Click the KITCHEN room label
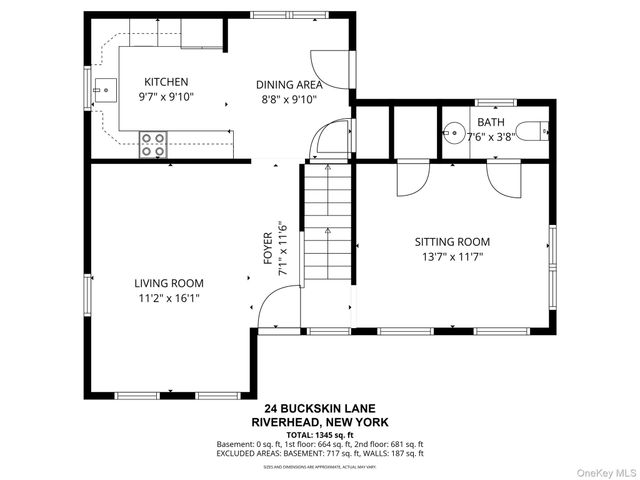(166, 82)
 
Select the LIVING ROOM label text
(168, 283)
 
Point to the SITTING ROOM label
(452, 242)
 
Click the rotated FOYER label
(268, 247)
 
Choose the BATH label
(490, 122)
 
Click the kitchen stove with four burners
(153, 144)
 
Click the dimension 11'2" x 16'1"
(168, 298)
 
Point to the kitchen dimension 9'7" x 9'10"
(166, 98)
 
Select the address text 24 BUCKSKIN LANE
(319, 409)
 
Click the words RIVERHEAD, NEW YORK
(319, 422)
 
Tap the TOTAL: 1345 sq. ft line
(319, 434)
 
